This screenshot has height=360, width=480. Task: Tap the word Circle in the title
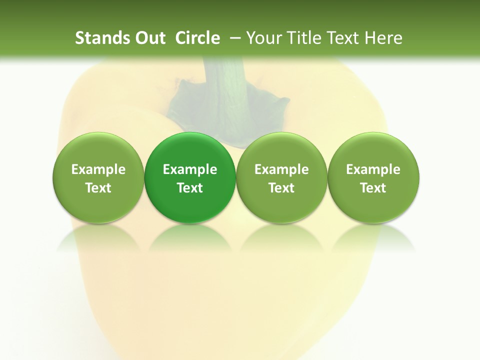point(197,38)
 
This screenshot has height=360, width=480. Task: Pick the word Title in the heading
point(304,38)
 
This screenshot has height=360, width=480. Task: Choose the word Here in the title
point(384,38)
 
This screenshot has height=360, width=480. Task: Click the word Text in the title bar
point(345,38)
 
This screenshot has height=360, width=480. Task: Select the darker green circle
point(190,177)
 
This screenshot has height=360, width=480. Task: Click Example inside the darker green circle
point(190,169)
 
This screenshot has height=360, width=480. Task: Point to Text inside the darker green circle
point(190,188)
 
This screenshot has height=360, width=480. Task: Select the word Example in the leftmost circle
point(98,169)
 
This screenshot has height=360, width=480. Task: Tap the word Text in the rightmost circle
point(373,188)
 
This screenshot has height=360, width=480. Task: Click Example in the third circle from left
point(281,169)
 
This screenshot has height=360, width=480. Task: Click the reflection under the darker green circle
point(190,237)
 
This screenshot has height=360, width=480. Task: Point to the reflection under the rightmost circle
point(373,237)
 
